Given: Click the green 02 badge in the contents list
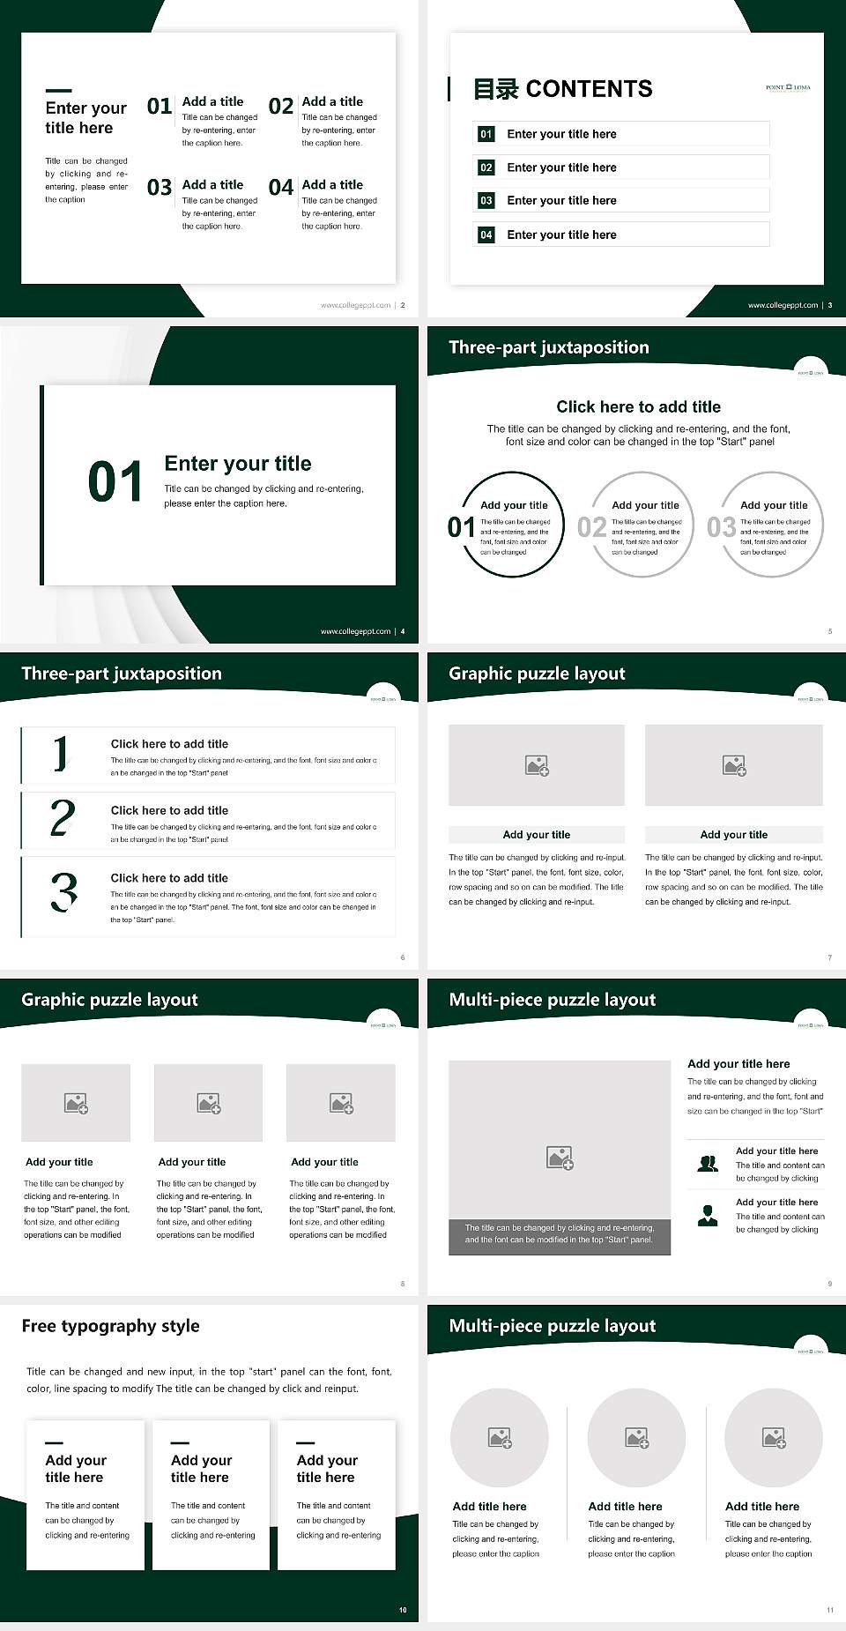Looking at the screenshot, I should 486,168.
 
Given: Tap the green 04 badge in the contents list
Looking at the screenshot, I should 486,235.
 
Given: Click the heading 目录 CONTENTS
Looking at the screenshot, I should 563,89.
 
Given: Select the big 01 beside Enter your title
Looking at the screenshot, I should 115,482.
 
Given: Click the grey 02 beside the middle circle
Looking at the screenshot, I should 591,527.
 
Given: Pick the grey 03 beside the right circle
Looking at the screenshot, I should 721,527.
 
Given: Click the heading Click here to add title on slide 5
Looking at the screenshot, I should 638,406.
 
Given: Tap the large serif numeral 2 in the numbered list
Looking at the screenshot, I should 63,818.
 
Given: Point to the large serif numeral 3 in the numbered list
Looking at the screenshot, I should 63,891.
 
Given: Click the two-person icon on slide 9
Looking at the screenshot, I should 707,1164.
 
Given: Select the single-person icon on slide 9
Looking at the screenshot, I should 707,1216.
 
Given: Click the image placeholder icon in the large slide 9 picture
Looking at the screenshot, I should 560,1158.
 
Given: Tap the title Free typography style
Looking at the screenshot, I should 110,1326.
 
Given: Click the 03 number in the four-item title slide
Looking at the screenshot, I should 160,188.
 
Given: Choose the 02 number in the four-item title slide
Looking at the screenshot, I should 281,107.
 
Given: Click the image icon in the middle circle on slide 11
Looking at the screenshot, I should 636,1438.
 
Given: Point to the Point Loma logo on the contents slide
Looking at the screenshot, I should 788,87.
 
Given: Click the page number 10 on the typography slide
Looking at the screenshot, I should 403,1610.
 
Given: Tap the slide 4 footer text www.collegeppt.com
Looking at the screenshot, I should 355,631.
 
